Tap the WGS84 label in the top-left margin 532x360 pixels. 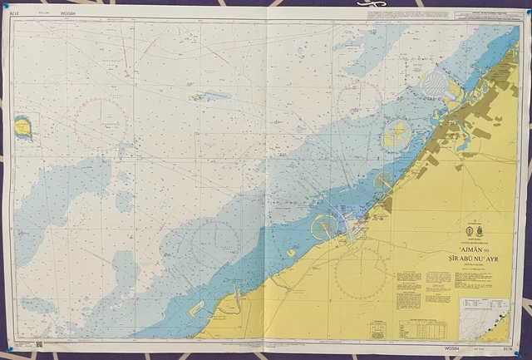click(67, 12)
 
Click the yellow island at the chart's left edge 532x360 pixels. click(22, 127)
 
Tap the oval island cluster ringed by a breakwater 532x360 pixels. click(397, 133)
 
